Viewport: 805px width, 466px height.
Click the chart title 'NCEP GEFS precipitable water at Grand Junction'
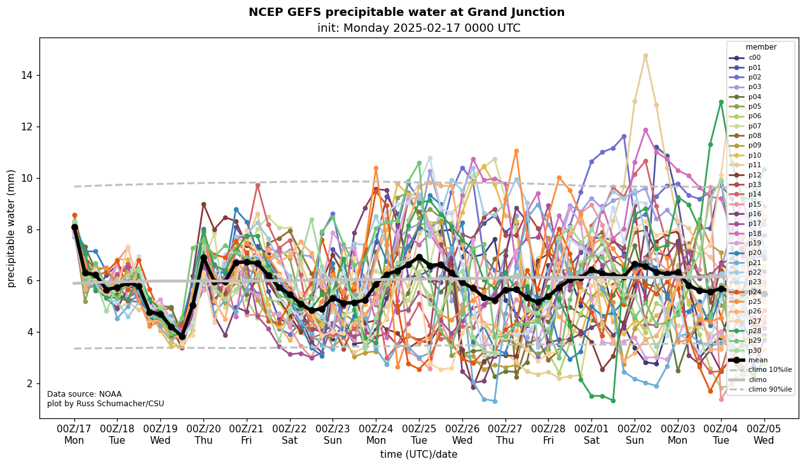click(406, 12)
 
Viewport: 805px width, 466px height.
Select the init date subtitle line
click(418, 28)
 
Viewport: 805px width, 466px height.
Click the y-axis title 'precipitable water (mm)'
click(11, 228)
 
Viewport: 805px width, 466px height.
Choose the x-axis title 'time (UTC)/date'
click(418, 455)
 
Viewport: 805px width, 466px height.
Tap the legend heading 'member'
click(761, 47)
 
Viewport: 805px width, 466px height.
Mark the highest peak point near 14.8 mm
click(645, 56)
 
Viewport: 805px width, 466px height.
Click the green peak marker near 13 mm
click(721, 102)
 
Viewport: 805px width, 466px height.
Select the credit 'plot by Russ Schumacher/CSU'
click(106, 404)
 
